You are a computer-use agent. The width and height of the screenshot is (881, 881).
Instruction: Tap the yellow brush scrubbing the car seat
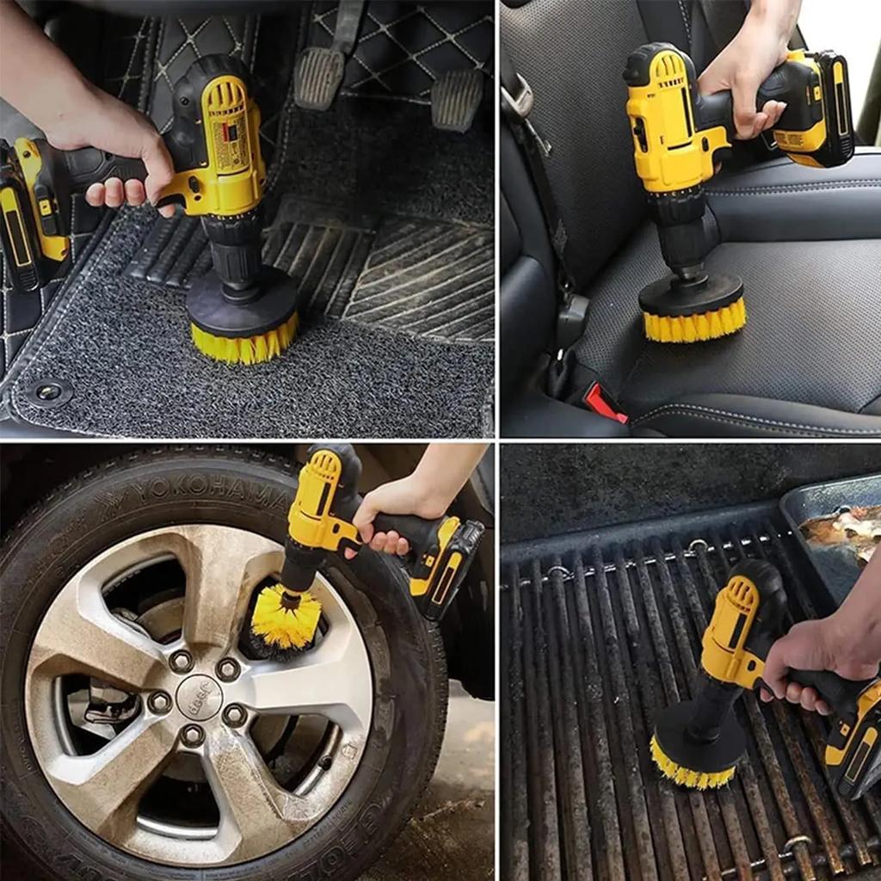[693, 323]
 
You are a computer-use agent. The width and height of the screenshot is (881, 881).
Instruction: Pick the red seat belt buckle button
[606, 403]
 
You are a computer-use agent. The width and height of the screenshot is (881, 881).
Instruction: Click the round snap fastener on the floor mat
[48, 391]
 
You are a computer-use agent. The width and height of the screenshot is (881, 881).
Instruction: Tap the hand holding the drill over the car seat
[744, 86]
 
